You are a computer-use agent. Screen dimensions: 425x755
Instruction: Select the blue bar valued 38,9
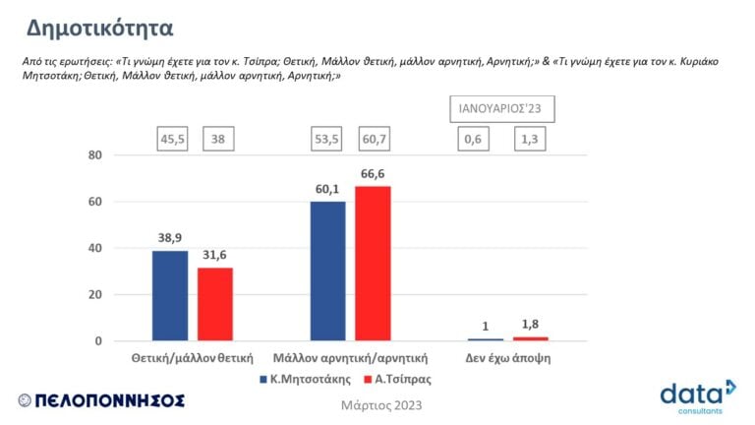[170, 295]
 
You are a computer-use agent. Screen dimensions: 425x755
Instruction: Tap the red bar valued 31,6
[215, 304]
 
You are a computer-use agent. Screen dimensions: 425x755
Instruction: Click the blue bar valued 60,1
[327, 271]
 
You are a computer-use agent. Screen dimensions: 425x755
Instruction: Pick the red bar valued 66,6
[373, 263]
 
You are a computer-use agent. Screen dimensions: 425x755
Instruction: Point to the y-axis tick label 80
[95, 155]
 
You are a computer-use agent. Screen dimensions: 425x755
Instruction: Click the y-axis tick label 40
[95, 249]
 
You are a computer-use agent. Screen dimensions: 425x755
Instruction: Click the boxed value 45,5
[174, 140]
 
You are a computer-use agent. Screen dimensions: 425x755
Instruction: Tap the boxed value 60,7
[375, 140]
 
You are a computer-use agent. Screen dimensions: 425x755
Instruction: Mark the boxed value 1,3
[528, 140]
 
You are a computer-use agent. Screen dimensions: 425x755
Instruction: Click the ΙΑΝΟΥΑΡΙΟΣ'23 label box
[501, 108]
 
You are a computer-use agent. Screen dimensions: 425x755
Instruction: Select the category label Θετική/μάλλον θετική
[192, 358]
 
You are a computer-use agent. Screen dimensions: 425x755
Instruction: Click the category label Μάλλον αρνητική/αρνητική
[349, 358]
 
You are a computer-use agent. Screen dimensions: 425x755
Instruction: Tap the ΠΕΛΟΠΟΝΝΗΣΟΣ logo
[101, 400]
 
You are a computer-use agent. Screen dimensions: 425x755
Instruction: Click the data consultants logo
[696, 395]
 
